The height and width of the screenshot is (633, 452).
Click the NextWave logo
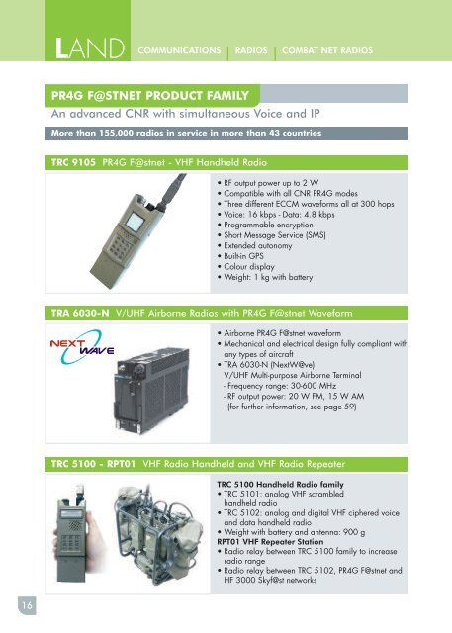tap(84, 348)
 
